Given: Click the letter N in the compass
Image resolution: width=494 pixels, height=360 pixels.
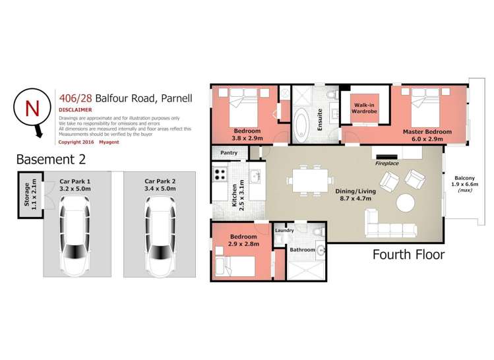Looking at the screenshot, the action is coord(32,108).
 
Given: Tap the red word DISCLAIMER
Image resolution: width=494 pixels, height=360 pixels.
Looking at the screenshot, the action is coord(75,110).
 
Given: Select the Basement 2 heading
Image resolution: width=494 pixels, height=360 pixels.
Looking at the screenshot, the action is coord(51,160).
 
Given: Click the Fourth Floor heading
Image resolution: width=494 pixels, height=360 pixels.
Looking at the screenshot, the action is coord(409,255).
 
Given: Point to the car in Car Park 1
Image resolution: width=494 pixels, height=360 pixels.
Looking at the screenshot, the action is coord(75,235).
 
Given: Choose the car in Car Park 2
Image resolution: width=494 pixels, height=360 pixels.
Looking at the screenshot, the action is coord(160,236).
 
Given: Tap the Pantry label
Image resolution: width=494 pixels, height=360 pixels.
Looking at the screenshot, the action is coord(229,153).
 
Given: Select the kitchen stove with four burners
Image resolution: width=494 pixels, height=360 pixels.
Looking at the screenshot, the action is coord(220,174).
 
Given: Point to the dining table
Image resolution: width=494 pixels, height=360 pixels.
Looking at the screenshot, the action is coord(311,181).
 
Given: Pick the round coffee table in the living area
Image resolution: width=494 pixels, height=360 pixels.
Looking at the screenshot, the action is coord(406,203).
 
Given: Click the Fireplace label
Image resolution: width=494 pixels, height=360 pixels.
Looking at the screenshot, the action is coord(387,164).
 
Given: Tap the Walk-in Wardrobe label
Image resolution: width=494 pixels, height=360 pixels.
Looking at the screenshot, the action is coord(364,108).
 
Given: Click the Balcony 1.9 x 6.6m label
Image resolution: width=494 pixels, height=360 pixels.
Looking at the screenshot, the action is coord(465,184).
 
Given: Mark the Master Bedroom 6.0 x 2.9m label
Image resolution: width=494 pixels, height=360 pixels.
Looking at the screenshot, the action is coord(427,135).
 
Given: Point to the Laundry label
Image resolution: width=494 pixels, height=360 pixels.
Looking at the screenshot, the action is coord(284,231).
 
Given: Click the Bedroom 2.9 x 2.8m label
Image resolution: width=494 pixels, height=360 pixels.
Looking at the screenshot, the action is coord(243,240).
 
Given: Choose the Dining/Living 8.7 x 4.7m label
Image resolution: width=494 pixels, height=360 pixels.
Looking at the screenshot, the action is coord(355,195).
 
